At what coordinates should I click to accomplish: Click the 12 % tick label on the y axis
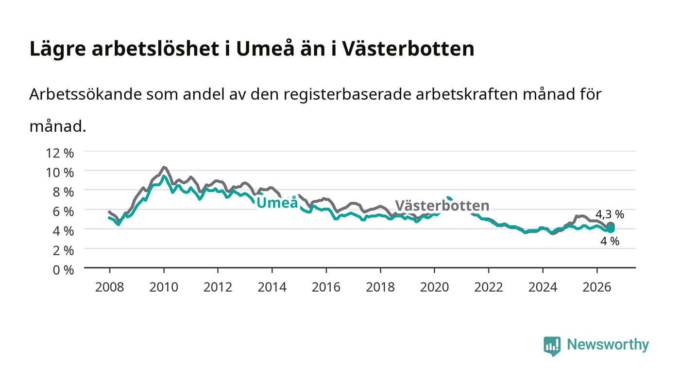point(60,153)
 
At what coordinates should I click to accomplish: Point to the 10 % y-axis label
point(60,173)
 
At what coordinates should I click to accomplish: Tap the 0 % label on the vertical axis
point(64,270)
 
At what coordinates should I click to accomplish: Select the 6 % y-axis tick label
point(64,211)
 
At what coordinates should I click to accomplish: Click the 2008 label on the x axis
point(110,287)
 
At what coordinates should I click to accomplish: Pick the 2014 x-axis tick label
point(272,287)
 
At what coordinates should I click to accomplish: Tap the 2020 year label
point(434,287)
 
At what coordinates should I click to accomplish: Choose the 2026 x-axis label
point(597,287)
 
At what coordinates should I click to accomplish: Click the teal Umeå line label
point(277,203)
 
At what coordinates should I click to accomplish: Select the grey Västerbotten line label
point(442,206)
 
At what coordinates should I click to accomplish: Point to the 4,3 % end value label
point(610,214)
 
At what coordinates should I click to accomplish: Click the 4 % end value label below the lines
point(610,241)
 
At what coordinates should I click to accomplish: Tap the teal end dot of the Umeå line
point(611,229)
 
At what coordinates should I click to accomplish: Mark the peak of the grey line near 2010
point(164,167)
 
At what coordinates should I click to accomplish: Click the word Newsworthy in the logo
point(608,345)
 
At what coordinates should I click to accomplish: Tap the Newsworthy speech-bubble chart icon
point(552,346)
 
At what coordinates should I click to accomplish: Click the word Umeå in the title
point(265,49)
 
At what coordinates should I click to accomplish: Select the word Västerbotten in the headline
point(408,49)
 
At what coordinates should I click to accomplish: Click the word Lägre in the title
point(58,49)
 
